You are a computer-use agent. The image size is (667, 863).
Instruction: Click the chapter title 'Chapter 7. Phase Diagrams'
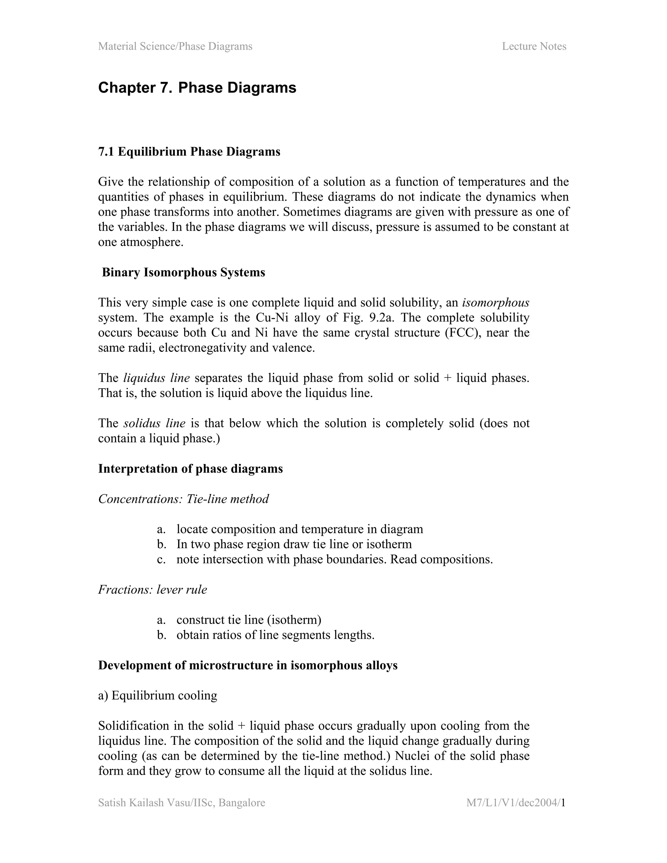(197, 88)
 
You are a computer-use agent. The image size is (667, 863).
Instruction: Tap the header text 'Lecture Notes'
(534, 46)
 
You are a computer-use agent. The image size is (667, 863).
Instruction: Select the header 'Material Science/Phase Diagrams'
(175, 46)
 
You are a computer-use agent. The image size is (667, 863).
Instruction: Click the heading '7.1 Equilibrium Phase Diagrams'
(189, 152)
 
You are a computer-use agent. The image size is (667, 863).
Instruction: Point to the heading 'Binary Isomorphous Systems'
(183, 272)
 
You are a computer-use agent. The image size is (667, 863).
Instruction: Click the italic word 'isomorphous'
(495, 303)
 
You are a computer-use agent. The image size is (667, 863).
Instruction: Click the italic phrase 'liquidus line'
(156, 378)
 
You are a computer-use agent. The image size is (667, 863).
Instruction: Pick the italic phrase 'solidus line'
(154, 423)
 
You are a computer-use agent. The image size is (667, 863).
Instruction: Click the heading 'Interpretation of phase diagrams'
(191, 469)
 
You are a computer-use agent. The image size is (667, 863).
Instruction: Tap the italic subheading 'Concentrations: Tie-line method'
(183, 499)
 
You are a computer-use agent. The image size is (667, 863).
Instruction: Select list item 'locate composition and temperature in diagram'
(300, 529)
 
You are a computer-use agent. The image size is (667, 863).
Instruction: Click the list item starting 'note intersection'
(334, 559)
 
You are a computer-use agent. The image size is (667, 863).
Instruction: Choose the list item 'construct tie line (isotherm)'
(248, 620)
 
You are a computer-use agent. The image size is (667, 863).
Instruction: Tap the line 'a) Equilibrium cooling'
(158, 696)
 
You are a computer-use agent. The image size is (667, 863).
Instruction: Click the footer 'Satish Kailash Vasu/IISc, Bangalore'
(181, 803)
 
